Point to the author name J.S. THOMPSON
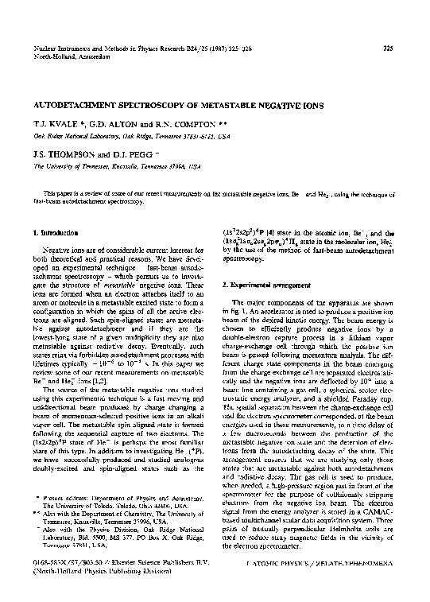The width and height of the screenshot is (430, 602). pyautogui.click(x=63, y=157)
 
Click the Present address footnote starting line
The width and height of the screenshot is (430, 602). pyautogui.click(x=119, y=496)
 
